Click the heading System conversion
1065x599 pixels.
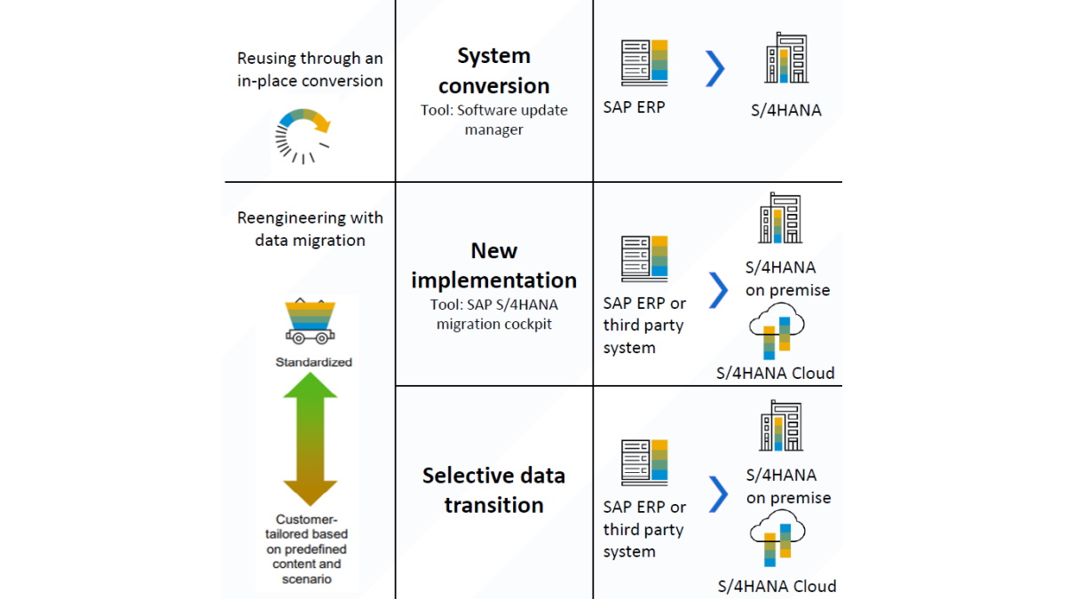pyautogui.click(x=493, y=71)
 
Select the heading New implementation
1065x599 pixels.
pyautogui.click(x=493, y=265)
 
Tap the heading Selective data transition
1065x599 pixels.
pyautogui.click(x=493, y=490)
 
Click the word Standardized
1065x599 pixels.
pyautogui.click(x=313, y=362)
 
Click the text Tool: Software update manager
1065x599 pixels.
pyautogui.click(x=493, y=120)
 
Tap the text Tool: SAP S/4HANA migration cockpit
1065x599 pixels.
pyautogui.click(x=493, y=314)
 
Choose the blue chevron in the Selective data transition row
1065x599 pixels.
pyautogui.click(x=718, y=494)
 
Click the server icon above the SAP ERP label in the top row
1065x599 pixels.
pyautogui.click(x=644, y=62)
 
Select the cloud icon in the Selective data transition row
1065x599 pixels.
pyautogui.click(x=777, y=540)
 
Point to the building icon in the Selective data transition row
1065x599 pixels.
pyautogui.click(x=781, y=427)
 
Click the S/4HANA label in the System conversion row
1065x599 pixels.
pyautogui.click(x=785, y=111)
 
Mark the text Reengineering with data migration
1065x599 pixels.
pyautogui.click(x=310, y=229)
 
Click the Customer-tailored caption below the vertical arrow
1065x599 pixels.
pyautogui.click(x=310, y=548)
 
